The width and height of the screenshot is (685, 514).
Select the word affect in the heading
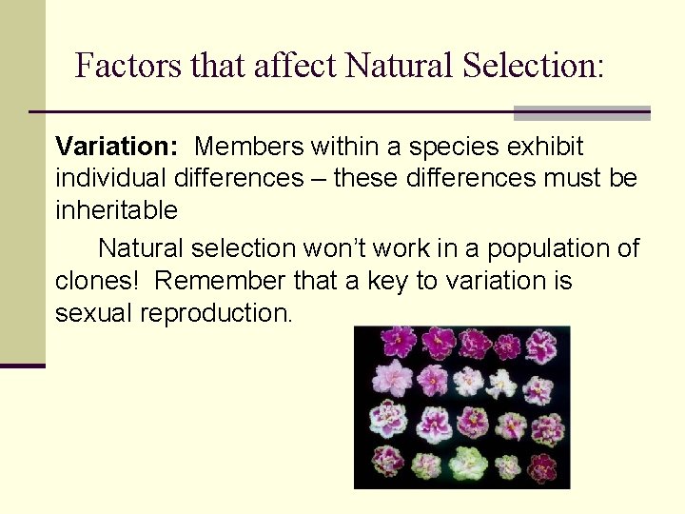(x=290, y=66)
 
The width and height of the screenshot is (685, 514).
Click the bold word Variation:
(x=117, y=147)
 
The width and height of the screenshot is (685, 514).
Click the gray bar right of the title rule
(x=581, y=113)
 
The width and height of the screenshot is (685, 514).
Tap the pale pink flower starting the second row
(x=391, y=378)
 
